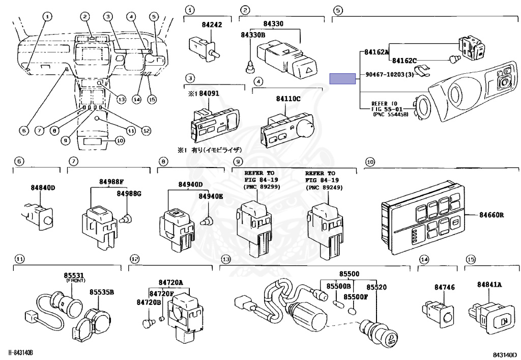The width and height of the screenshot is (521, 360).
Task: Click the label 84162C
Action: pyautogui.click(x=404, y=60)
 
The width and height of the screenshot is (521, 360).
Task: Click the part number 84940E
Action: pyautogui.click(x=211, y=196)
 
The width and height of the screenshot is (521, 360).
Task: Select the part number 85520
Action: pyautogui.click(x=377, y=287)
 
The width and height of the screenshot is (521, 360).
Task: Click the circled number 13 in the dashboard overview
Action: pyautogui.click(x=121, y=99)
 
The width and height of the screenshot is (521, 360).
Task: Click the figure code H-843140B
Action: pyautogui.click(x=22, y=353)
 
